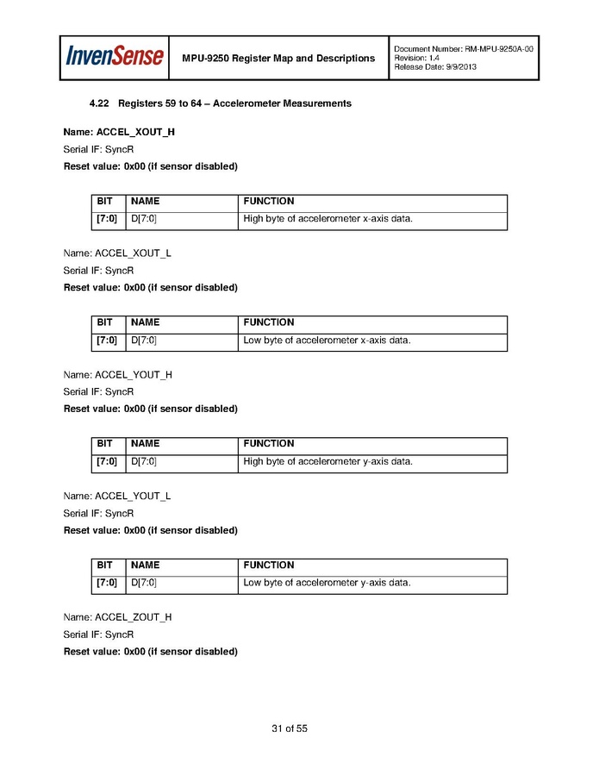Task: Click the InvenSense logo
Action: (115, 57)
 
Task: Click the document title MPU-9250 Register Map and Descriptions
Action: (278, 58)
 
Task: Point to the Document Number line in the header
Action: (464, 48)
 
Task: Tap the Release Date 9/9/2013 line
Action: (435, 67)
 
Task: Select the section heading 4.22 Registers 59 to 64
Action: (220, 103)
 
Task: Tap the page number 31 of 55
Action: (290, 728)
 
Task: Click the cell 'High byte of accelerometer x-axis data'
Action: (328, 219)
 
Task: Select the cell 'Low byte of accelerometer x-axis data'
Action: (327, 341)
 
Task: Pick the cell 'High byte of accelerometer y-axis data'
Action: (328, 461)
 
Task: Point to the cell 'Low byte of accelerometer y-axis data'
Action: (327, 583)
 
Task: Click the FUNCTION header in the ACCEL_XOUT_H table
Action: (269, 201)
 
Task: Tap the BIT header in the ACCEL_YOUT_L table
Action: (104, 566)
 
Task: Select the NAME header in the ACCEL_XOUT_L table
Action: (145, 322)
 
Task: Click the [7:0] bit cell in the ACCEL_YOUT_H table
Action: (107, 461)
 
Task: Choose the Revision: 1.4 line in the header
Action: (416, 58)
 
